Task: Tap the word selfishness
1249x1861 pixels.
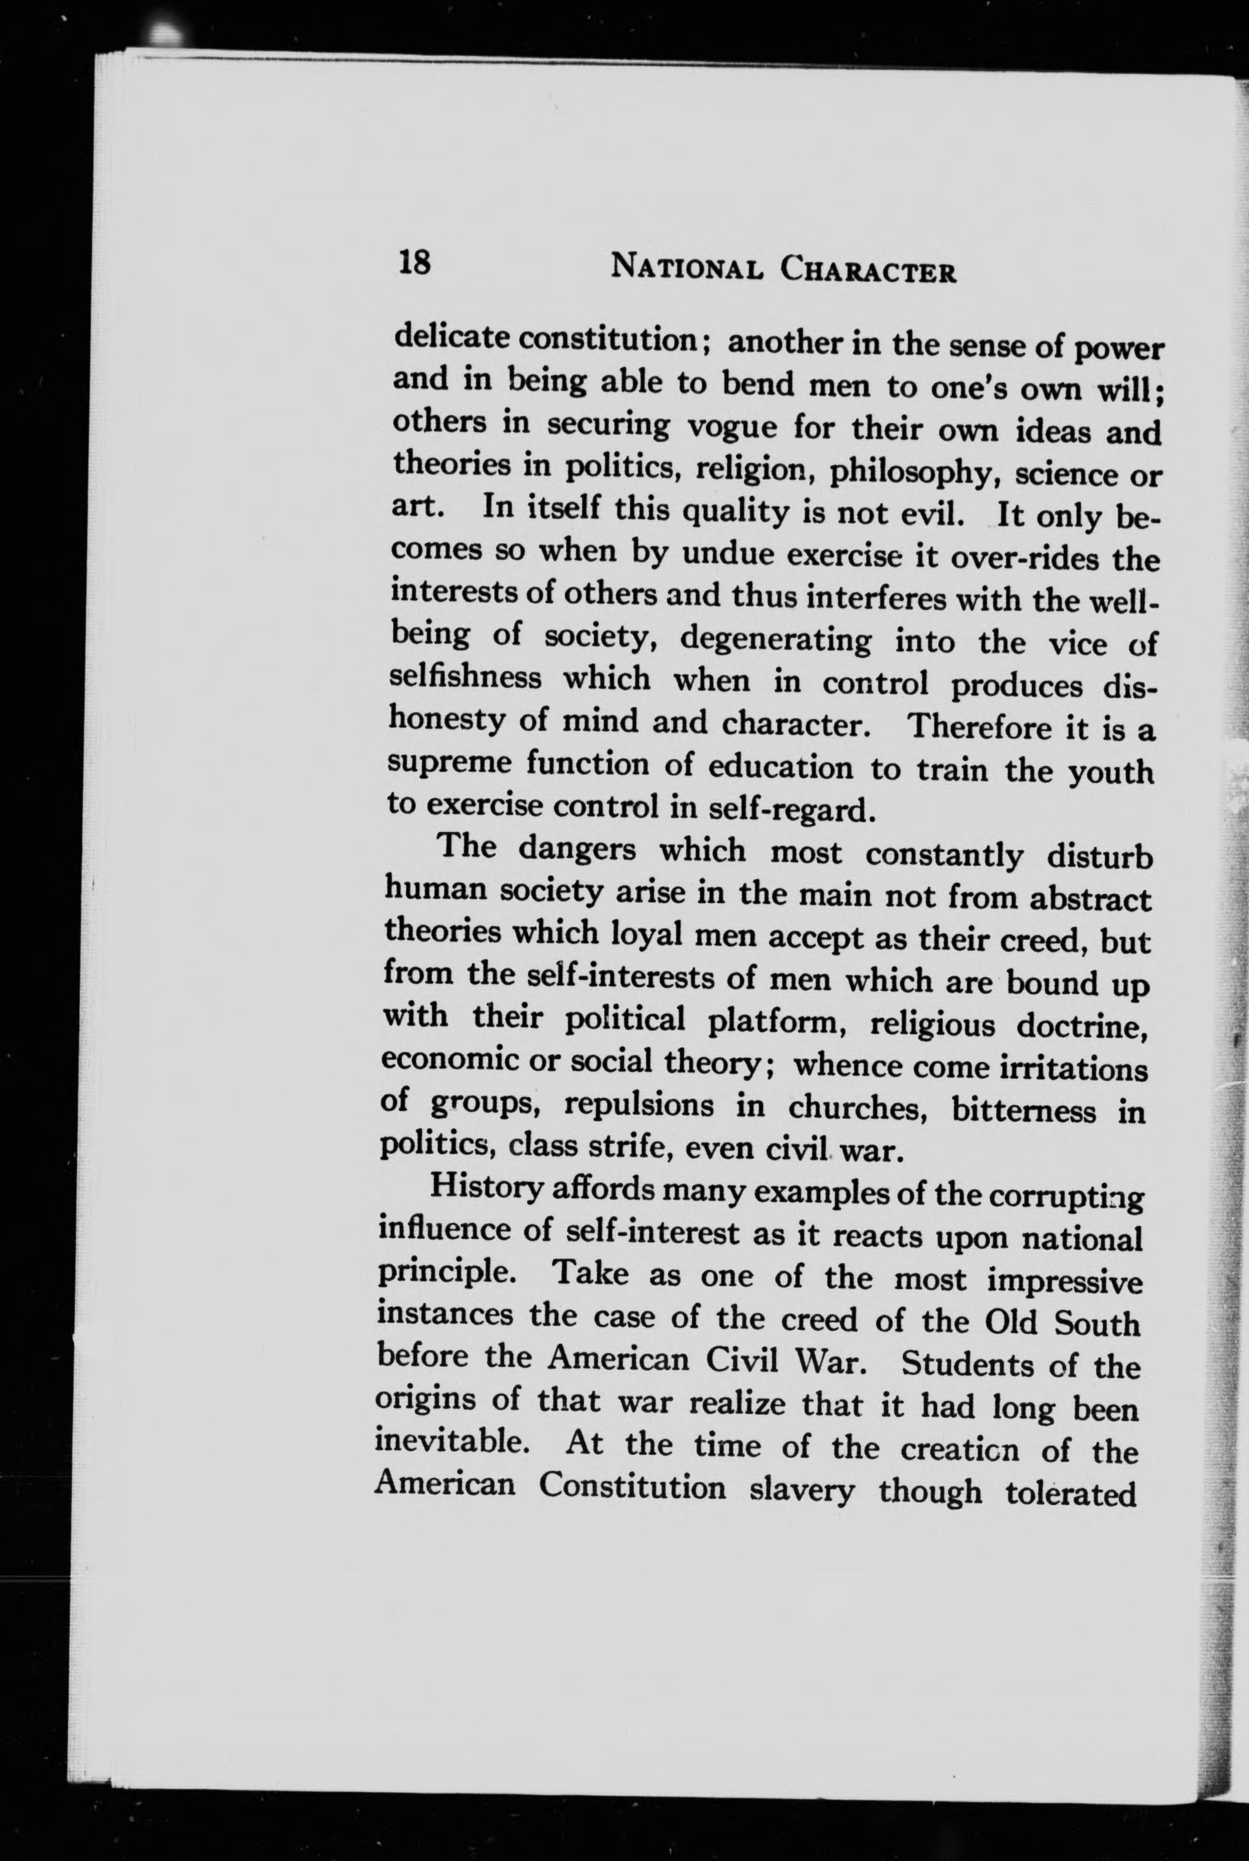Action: coord(465,678)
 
